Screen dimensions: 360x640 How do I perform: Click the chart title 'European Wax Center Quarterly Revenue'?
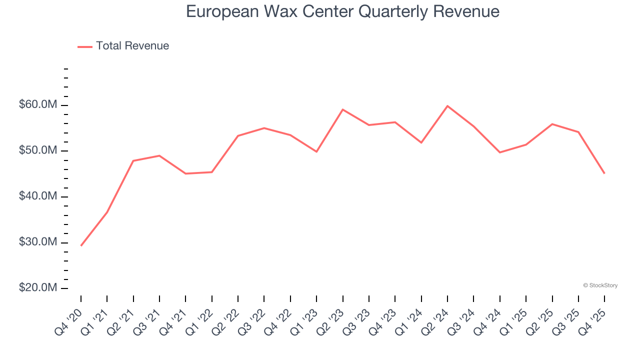pyautogui.click(x=342, y=11)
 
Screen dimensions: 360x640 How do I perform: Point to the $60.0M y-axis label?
pyautogui.click(x=38, y=105)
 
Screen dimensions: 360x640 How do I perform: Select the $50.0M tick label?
pyautogui.click(x=38, y=151)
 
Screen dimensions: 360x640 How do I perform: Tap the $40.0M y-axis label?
pyautogui.click(x=38, y=196)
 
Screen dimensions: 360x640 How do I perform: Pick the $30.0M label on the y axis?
pyautogui.click(x=38, y=242)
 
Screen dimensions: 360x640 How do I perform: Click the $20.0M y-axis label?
pyautogui.click(x=38, y=288)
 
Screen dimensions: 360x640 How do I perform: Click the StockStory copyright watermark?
pyautogui.click(x=600, y=285)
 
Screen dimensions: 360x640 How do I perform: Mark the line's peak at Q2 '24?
pyautogui.click(x=447, y=106)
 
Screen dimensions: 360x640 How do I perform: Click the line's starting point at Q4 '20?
pyautogui.click(x=81, y=245)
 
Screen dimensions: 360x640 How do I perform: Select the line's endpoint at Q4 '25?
pyautogui.click(x=604, y=173)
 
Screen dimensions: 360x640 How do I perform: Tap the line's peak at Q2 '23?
pyautogui.click(x=342, y=109)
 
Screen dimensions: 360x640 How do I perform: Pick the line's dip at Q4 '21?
pyautogui.click(x=185, y=173)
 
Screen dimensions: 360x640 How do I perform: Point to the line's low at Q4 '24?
pyautogui.click(x=500, y=152)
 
